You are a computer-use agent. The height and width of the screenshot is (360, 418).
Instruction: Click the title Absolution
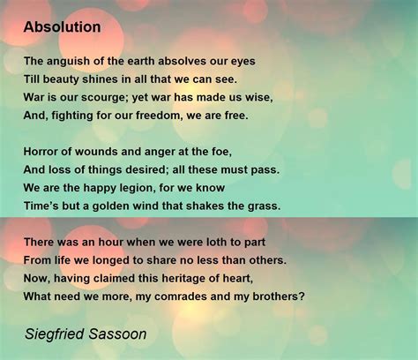point(63,27)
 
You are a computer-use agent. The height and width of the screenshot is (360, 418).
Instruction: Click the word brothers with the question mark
point(277,296)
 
